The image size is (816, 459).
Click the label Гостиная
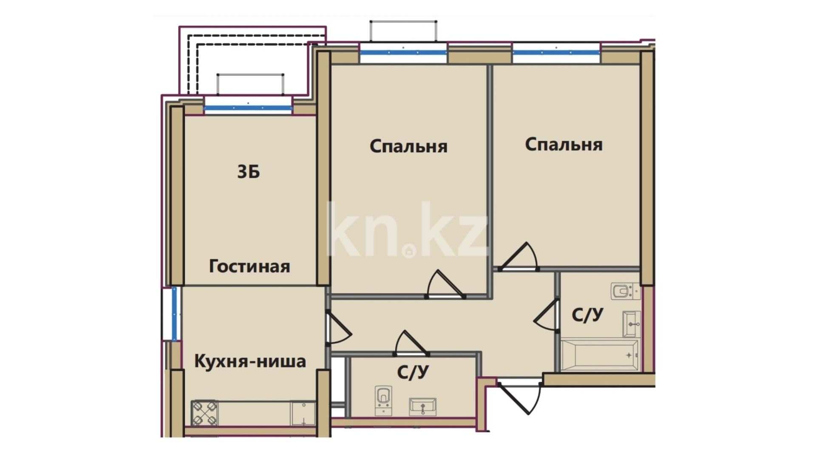(249, 266)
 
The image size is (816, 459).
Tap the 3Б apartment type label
(249, 172)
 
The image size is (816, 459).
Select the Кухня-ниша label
(250, 361)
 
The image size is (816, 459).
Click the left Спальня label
(408, 147)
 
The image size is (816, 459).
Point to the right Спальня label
(564, 145)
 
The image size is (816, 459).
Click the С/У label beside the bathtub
(587, 315)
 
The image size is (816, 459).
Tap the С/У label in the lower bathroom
(413, 372)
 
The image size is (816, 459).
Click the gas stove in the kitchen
(204, 413)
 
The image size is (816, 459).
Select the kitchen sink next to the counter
(303, 413)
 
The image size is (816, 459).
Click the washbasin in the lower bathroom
(422, 407)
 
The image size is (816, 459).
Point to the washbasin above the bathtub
(632, 324)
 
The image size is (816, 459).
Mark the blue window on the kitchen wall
(174, 314)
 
